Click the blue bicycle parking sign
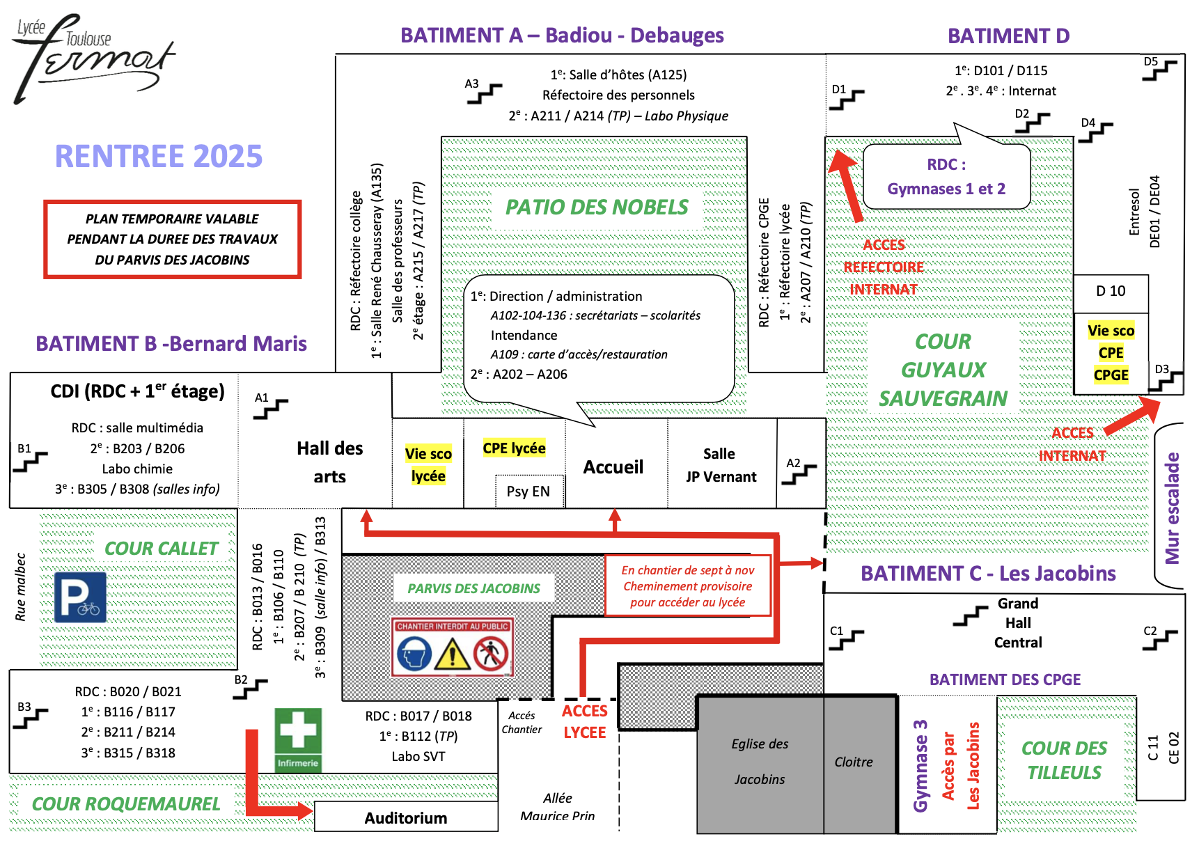(x=80, y=597)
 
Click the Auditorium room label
(x=406, y=817)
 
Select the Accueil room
(x=613, y=466)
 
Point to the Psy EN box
(x=528, y=491)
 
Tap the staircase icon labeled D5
(x=1159, y=70)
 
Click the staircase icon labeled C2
(x=1160, y=640)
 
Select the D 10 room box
(x=1111, y=291)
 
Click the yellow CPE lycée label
(x=514, y=448)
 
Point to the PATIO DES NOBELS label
(x=597, y=207)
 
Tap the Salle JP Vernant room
(x=721, y=465)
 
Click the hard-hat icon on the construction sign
(x=415, y=654)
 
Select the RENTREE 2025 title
(x=159, y=156)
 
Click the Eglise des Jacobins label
(x=760, y=761)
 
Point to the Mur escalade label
(x=1173, y=508)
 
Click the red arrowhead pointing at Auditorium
(x=304, y=810)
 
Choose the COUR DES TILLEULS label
(x=1064, y=760)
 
